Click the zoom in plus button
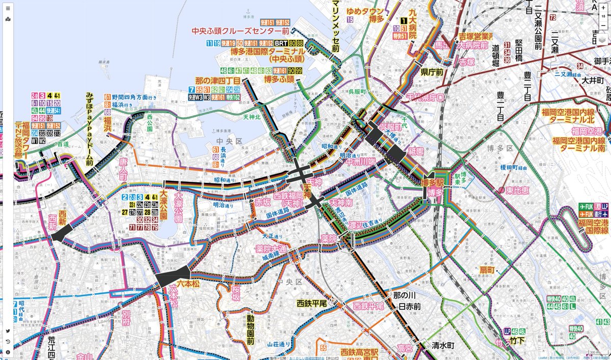pyautogui.click(x=603, y=8)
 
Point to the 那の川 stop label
pyautogui.click(x=405, y=295)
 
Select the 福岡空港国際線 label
pyautogui.click(x=593, y=226)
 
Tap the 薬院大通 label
pyautogui.click(x=270, y=249)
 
